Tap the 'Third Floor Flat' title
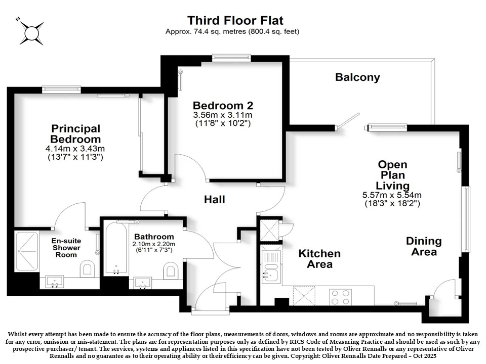coord(235,20)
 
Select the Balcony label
coord(357,77)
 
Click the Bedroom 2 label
coord(223,106)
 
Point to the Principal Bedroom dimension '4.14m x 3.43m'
coord(75,149)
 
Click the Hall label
coord(215,199)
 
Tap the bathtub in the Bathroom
coord(116,248)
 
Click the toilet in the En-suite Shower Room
coord(88,268)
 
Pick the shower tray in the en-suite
coord(27,251)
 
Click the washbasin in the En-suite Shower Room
coord(55,282)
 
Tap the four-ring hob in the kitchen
coord(340,297)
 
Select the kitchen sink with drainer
coord(271,267)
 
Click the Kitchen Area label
coord(319,259)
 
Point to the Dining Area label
coord(424,246)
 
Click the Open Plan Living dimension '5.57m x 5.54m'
coord(392,195)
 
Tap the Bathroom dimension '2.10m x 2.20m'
coord(154,244)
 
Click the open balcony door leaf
coord(348,120)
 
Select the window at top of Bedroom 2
coord(231,57)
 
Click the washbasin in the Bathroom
coord(142,283)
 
